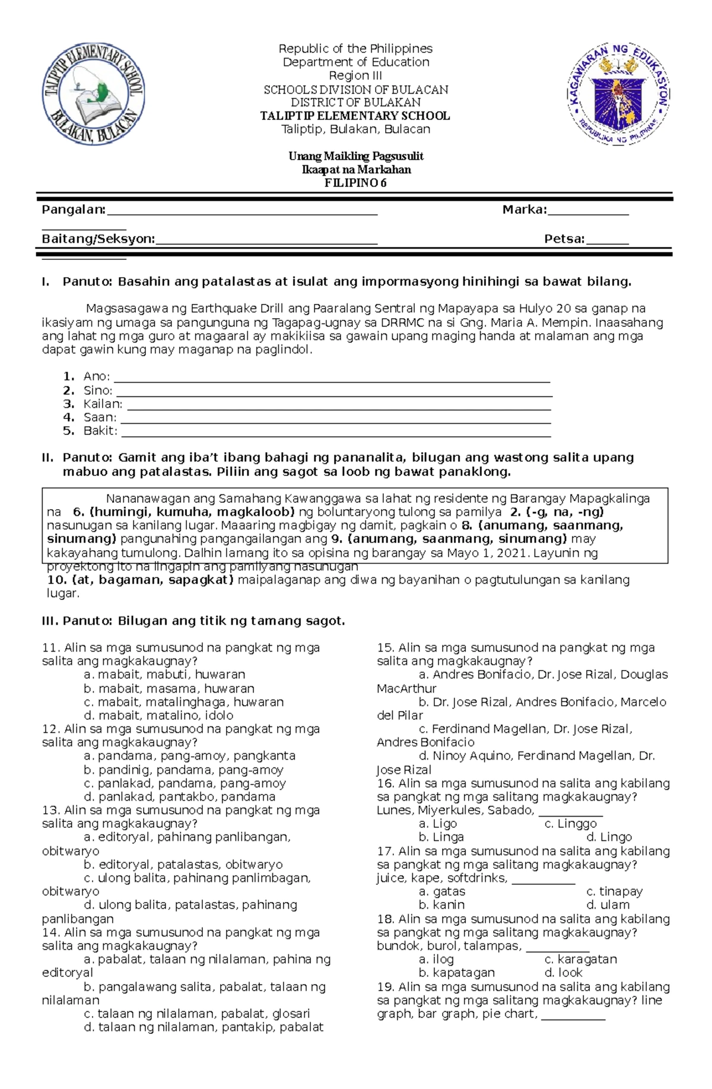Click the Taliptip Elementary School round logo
click(93, 96)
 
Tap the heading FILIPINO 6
click(355, 183)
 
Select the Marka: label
click(525, 209)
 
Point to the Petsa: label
click(564, 239)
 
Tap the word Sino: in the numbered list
click(98, 390)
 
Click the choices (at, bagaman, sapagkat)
click(141, 580)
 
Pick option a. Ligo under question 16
click(437, 824)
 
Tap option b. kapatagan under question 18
click(456, 973)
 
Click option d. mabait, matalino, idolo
click(158, 716)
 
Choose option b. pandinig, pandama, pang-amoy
click(183, 770)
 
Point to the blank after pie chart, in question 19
click(573, 1019)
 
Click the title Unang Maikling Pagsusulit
click(355, 157)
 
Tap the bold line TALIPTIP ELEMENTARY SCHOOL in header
click(355, 116)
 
